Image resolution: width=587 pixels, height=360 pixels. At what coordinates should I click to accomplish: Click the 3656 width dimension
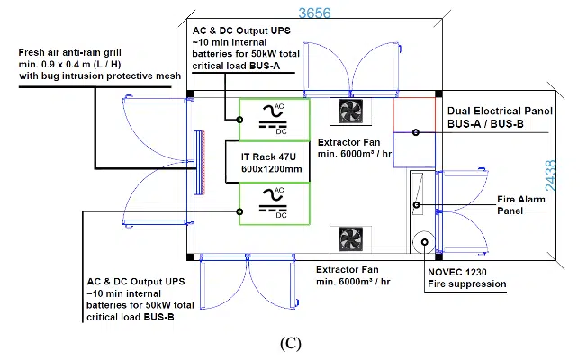314,13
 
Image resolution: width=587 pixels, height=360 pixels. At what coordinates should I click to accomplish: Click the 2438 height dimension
551,175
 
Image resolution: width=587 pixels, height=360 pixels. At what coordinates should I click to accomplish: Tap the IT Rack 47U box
267,162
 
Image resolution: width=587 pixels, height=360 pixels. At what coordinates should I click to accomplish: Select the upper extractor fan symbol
351,111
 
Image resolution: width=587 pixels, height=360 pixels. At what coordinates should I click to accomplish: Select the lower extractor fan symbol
351,239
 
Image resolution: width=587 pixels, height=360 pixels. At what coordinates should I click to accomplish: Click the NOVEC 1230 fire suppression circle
424,242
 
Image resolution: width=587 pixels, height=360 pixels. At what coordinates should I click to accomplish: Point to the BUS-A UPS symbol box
275,120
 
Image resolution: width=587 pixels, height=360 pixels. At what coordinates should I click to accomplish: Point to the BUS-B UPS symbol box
275,203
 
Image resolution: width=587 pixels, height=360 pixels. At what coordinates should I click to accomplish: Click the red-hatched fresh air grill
200,162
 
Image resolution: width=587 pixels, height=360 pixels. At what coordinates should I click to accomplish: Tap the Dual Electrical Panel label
500,117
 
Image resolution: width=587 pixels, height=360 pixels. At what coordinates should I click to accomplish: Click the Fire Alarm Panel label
520,205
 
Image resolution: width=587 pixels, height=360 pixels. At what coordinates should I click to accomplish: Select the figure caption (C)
291,343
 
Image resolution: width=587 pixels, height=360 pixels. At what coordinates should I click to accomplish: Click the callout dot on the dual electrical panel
416,132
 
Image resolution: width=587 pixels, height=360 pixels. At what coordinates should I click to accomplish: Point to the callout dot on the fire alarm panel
416,204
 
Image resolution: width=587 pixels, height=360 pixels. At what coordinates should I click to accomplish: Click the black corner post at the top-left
190,94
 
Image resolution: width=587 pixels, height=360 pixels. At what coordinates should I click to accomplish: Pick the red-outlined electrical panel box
414,115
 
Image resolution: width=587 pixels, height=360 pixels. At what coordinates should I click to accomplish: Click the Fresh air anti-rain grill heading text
69,52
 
